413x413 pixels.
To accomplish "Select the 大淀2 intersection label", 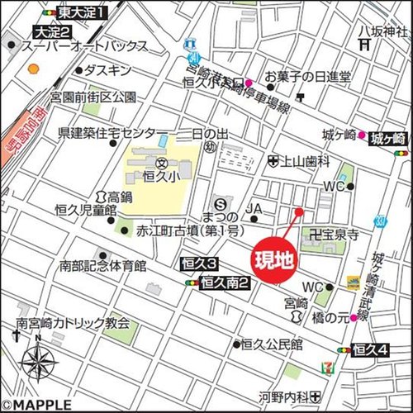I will [x=51, y=31].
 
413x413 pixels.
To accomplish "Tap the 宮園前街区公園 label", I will [x=93, y=97].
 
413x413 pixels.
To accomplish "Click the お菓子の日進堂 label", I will [x=307, y=76].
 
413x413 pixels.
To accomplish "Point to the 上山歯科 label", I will [x=307, y=163].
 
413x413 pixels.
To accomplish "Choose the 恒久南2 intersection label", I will [x=225, y=282].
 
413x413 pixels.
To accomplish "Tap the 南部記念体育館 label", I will [x=102, y=266].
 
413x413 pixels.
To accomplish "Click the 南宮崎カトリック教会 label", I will [x=73, y=325].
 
